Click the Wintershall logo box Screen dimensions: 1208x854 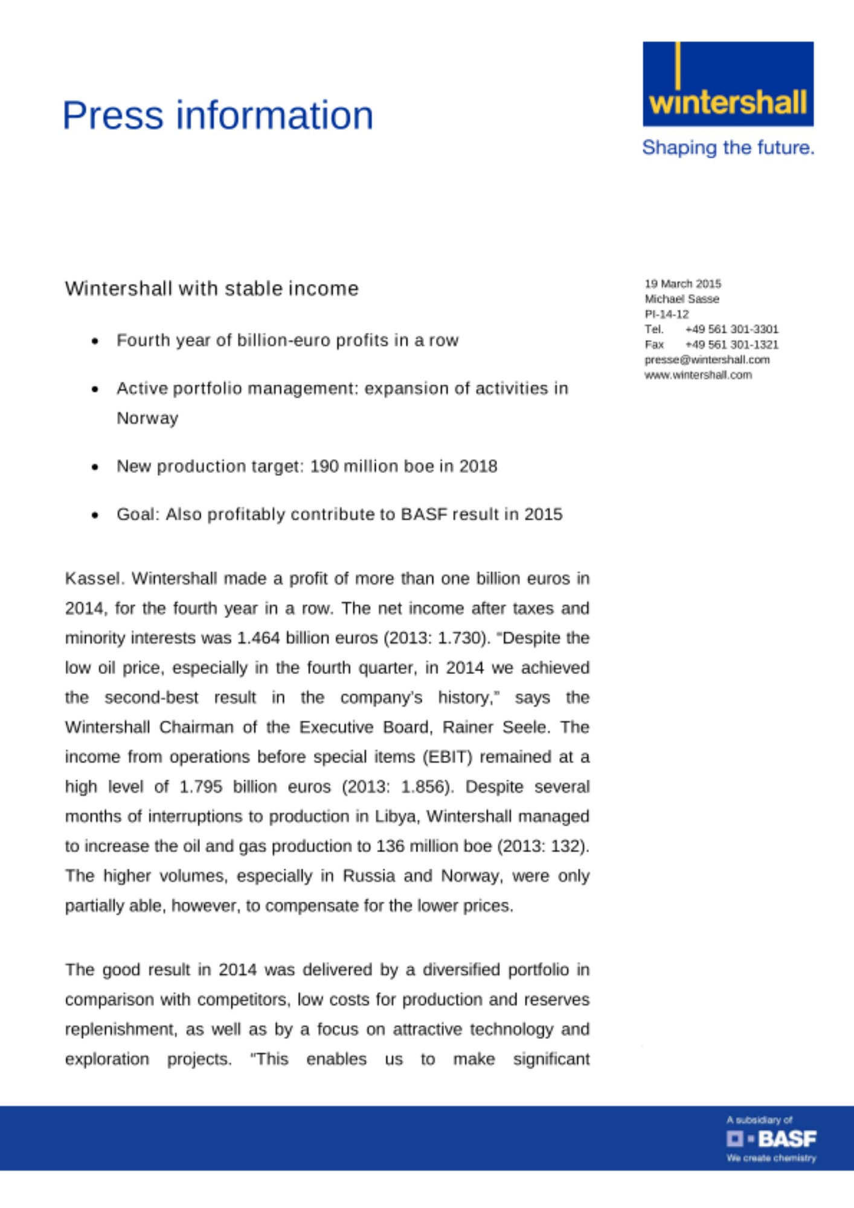click(728, 84)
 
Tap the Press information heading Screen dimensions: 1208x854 click(218, 115)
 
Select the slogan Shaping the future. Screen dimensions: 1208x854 click(728, 147)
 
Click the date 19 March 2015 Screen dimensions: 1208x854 click(682, 284)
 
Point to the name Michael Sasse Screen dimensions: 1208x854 click(682, 299)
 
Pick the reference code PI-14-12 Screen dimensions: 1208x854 click(667, 314)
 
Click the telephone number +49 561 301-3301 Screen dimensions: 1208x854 click(731, 329)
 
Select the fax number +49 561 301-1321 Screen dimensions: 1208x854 click(731, 344)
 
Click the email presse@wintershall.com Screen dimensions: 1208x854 click(707, 360)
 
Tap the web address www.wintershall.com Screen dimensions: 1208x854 click(698, 375)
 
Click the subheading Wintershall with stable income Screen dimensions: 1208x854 click(212, 289)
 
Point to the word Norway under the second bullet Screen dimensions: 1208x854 click(147, 418)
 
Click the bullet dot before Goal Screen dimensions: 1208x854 click(95, 515)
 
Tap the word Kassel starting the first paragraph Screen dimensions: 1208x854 click(94, 579)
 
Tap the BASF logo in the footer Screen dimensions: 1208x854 click(771, 1139)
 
